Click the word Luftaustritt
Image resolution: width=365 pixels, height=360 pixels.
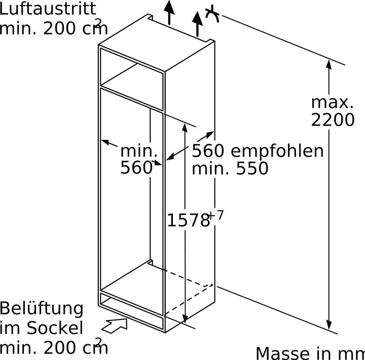click(48, 9)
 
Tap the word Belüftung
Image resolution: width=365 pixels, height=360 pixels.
click(42, 309)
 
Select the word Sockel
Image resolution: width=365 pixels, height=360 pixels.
click(55, 329)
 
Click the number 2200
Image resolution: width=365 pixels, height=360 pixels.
click(333, 120)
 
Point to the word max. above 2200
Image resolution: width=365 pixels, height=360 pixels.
click(333, 102)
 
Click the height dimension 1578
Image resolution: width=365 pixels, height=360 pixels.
click(188, 220)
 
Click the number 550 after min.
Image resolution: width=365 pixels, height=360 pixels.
click(252, 168)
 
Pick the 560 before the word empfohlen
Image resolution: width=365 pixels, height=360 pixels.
click(208, 151)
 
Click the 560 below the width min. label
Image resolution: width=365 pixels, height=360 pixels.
click(136, 167)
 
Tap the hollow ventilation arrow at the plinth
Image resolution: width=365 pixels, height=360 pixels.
click(115, 326)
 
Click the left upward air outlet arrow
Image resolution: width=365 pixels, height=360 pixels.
click(169, 13)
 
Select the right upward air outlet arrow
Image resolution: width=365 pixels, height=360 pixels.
click(197, 24)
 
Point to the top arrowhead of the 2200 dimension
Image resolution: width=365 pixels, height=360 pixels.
click(328, 64)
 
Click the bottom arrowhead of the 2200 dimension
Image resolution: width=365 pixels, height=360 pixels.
click(328, 325)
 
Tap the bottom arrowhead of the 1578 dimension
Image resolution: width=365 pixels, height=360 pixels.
click(185, 318)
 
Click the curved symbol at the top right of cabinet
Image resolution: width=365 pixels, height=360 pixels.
click(212, 14)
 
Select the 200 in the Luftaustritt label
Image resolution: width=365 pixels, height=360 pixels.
click(60, 28)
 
